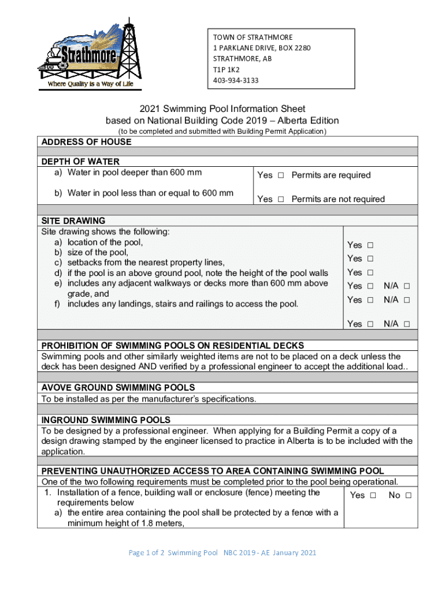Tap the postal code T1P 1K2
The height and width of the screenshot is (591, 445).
[x=225, y=69]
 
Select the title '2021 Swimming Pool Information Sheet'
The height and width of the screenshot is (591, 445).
[x=222, y=109]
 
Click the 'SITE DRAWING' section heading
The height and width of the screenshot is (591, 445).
[x=73, y=220]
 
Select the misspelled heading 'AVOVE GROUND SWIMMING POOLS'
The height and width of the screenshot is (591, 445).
[x=118, y=387]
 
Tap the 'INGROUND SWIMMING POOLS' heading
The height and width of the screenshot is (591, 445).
[x=106, y=420]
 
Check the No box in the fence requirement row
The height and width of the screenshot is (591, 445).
[x=408, y=495]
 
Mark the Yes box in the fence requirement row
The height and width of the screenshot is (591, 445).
[x=373, y=495]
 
